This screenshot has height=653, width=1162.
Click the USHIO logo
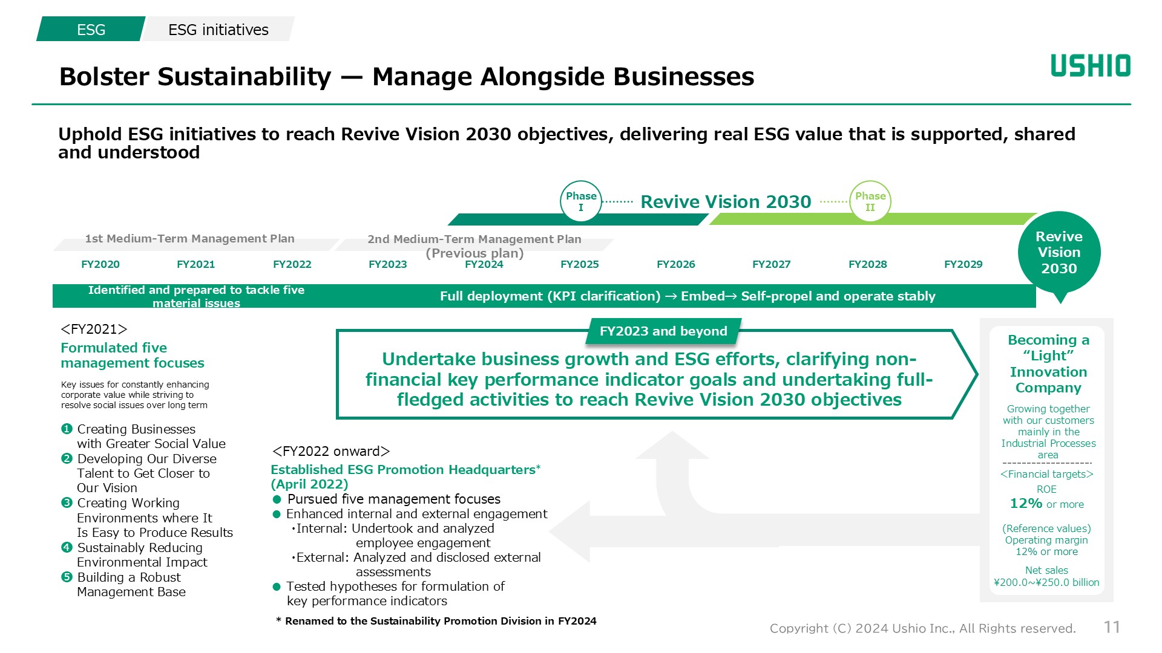tap(1091, 66)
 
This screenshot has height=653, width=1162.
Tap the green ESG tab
tap(91, 29)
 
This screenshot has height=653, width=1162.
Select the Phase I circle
tap(581, 201)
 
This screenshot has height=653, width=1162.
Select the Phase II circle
tap(870, 201)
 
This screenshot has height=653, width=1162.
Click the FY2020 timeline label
tap(100, 264)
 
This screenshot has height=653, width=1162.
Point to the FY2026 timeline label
tap(676, 264)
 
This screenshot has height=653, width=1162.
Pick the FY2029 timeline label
tap(963, 264)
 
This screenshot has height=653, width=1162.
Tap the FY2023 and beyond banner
tap(663, 331)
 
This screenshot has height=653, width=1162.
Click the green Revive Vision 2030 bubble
tap(1059, 253)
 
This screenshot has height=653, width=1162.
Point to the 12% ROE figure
tap(1026, 503)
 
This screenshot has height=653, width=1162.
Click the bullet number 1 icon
tap(67, 429)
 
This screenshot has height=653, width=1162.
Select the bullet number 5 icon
tap(67, 577)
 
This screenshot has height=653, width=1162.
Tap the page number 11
tap(1112, 627)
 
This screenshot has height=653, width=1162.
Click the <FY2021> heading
tap(94, 329)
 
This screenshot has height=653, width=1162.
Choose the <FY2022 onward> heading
tap(331, 451)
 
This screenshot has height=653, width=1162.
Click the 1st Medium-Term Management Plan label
tap(189, 239)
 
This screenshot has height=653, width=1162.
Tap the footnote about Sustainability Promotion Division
tap(436, 621)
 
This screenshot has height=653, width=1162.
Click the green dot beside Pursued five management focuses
tap(277, 499)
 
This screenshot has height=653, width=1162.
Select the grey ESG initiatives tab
tap(218, 29)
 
